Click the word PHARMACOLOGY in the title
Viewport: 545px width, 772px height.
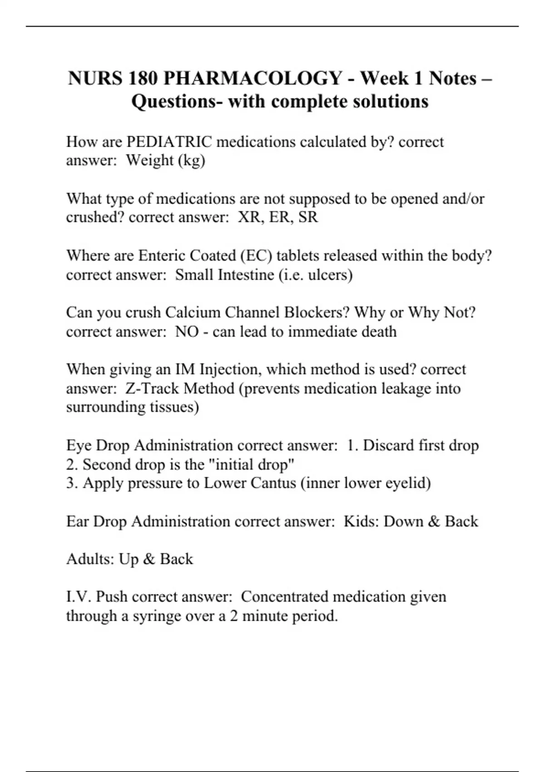click(253, 79)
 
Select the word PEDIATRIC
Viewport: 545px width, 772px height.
click(169, 142)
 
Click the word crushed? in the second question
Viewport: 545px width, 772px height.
click(95, 217)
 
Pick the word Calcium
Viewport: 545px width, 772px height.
click(193, 313)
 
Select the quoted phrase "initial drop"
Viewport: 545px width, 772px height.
click(254, 465)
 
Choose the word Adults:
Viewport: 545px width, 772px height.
click(90, 559)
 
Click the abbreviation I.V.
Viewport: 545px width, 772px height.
click(79, 597)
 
